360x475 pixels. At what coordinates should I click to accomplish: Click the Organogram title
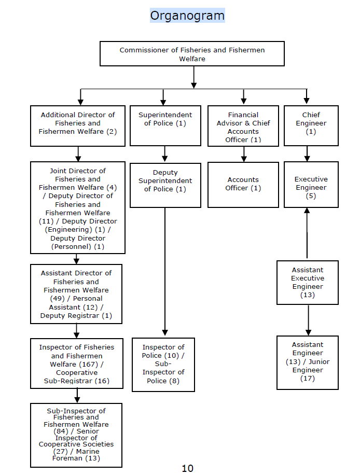point(187,16)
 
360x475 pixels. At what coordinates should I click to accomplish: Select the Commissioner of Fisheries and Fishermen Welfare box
point(192,54)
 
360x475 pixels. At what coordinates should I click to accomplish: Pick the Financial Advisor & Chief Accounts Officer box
point(243,126)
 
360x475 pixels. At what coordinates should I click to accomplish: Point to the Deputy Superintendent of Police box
point(165,185)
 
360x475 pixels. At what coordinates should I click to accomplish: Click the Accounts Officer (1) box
point(243,185)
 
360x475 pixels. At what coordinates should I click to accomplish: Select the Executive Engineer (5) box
point(311,185)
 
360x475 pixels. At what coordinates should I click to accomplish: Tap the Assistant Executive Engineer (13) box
point(307,283)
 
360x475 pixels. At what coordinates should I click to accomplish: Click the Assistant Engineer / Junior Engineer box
point(307,362)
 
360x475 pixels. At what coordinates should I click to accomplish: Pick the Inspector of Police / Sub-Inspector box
point(163,365)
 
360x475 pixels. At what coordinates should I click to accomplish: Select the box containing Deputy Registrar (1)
point(76,294)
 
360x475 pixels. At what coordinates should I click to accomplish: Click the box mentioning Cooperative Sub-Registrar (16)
point(77,364)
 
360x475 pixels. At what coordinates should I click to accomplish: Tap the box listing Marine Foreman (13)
point(76,435)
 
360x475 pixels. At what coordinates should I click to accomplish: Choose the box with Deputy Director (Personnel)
point(78,207)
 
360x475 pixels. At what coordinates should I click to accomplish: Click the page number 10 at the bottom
point(187,468)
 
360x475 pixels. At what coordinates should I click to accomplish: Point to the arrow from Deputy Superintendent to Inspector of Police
point(165,270)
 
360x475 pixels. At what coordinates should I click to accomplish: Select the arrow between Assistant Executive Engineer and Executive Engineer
point(307,233)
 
